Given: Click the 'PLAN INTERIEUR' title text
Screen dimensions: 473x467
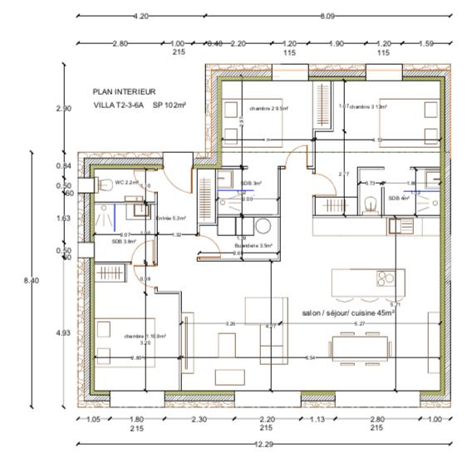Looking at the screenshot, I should point(125,92).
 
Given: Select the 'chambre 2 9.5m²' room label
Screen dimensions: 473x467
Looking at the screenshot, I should point(268,108).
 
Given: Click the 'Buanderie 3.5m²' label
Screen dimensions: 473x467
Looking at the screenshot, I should point(254,246).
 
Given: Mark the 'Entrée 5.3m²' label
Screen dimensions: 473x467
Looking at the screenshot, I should point(170,218).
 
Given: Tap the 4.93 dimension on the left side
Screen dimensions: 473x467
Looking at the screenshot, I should point(63,333).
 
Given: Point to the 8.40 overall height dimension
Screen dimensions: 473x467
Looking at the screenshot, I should point(30,280).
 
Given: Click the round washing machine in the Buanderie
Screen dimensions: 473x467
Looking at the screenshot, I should point(263,225).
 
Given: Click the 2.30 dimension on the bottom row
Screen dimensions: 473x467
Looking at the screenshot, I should point(199,420).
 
